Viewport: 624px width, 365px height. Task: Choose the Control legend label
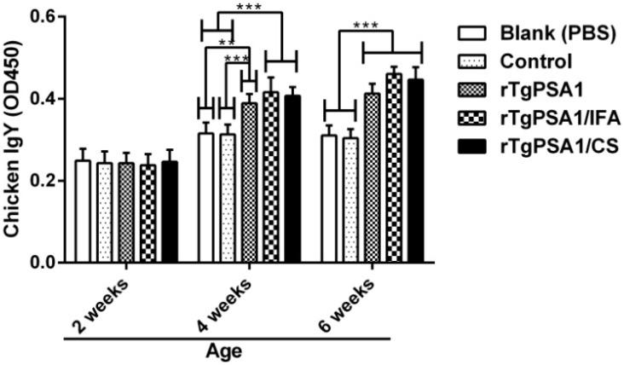pyautogui.click(x=528, y=61)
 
